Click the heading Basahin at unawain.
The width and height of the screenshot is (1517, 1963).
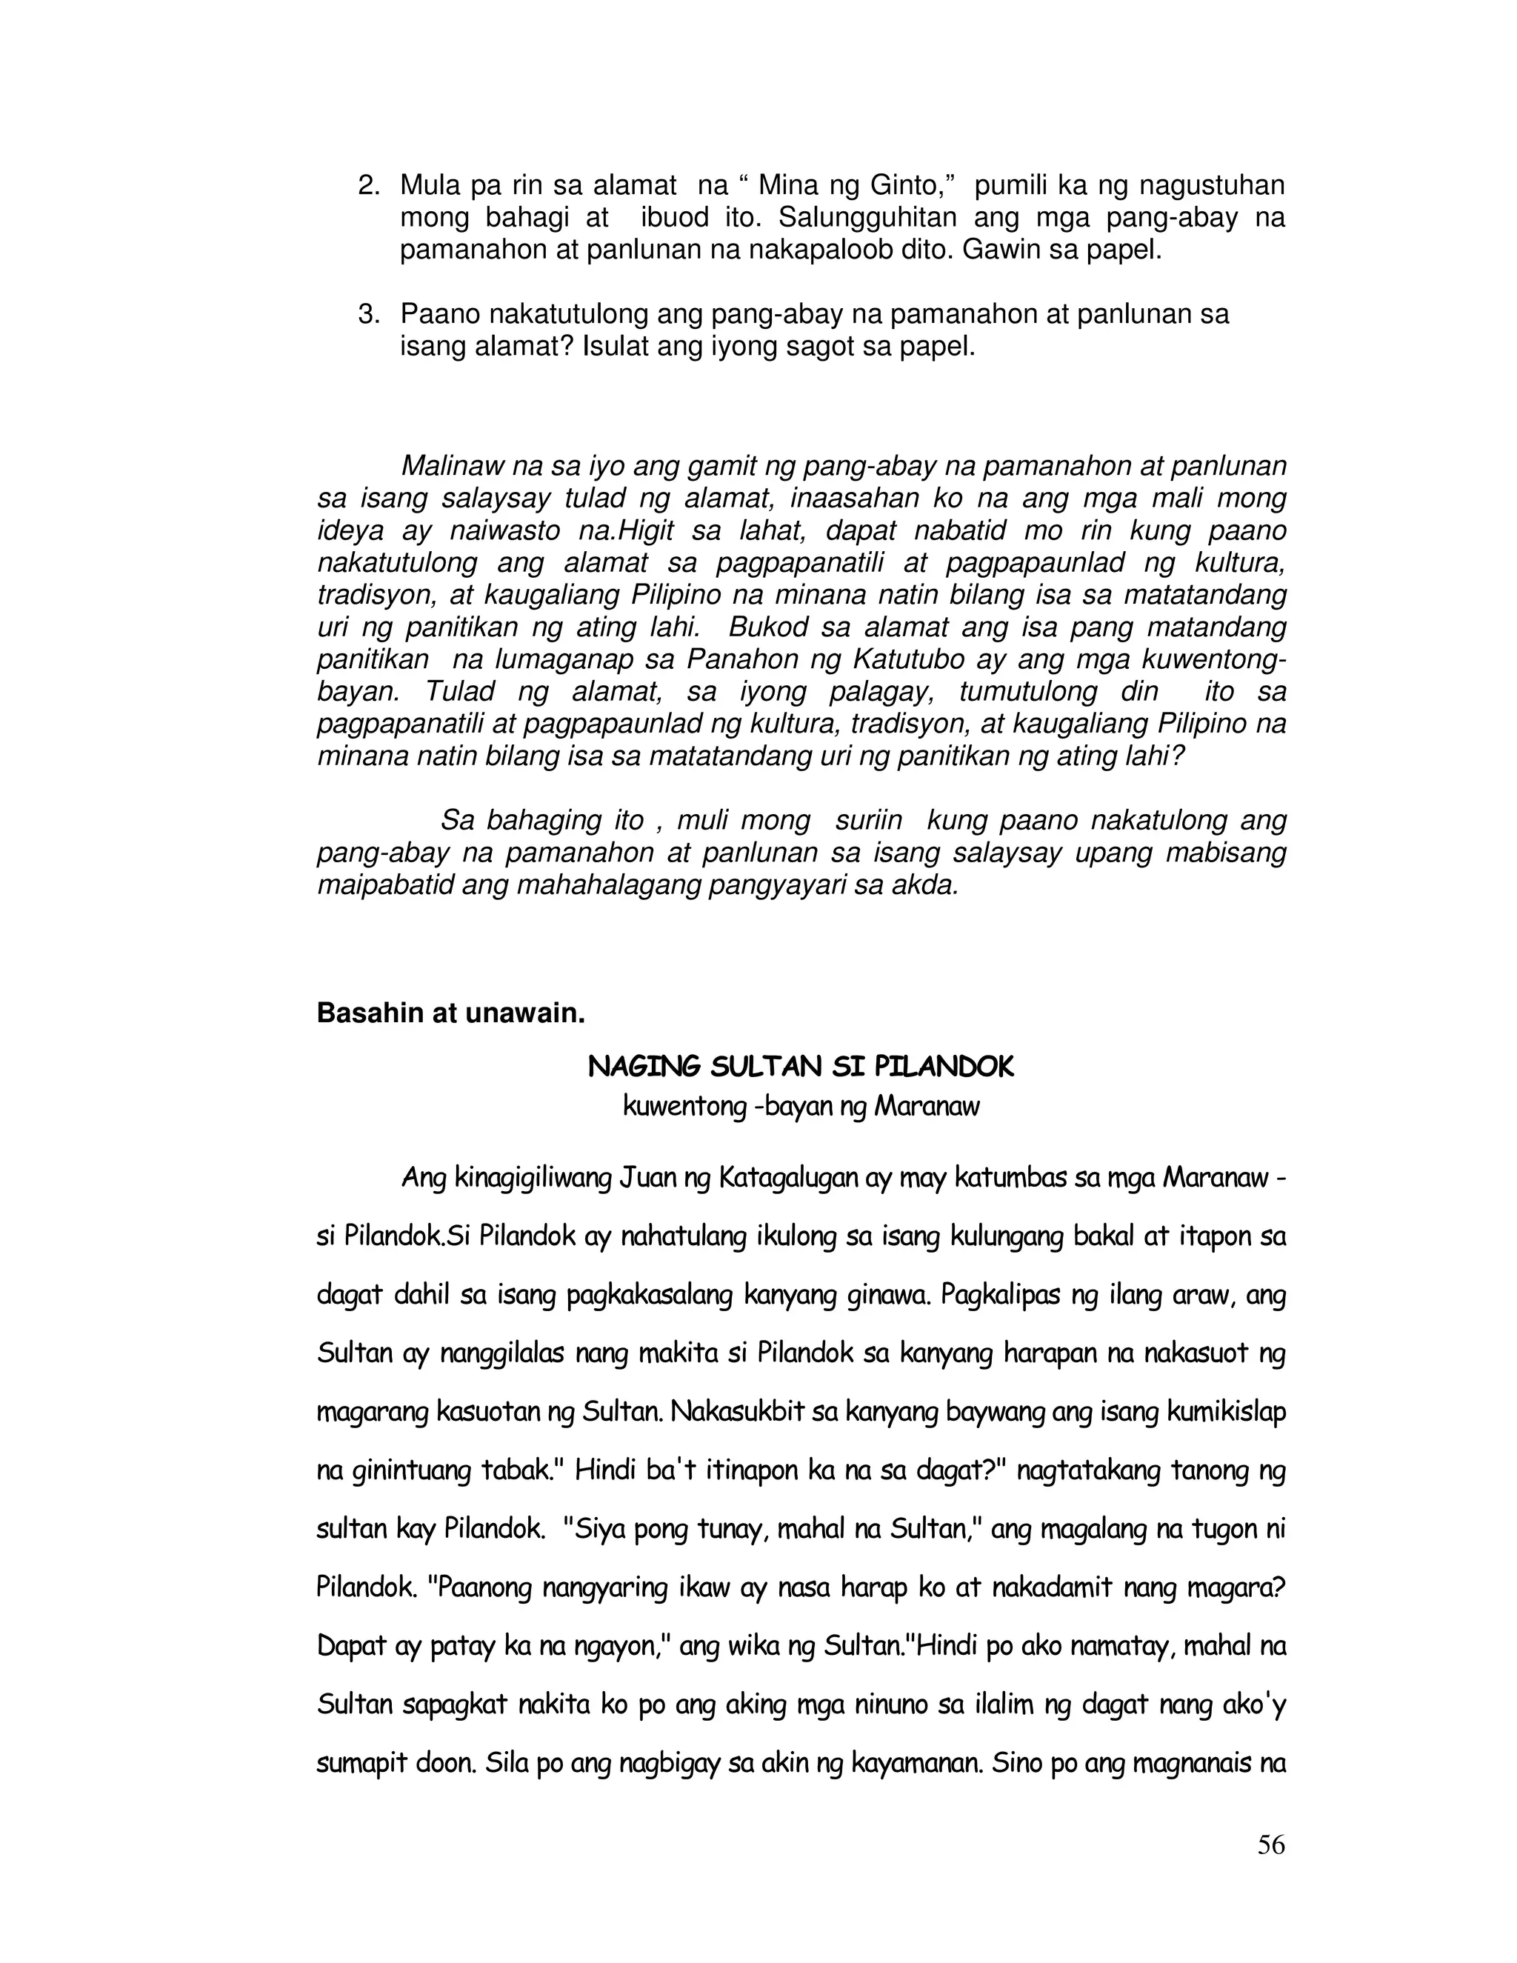click(x=451, y=1014)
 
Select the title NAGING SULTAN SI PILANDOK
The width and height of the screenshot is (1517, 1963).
click(x=801, y=1067)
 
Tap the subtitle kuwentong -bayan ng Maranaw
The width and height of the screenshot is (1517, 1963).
click(x=801, y=1107)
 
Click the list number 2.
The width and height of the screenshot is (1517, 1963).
click(x=368, y=186)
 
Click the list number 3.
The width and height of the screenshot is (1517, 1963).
click(x=368, y=315)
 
